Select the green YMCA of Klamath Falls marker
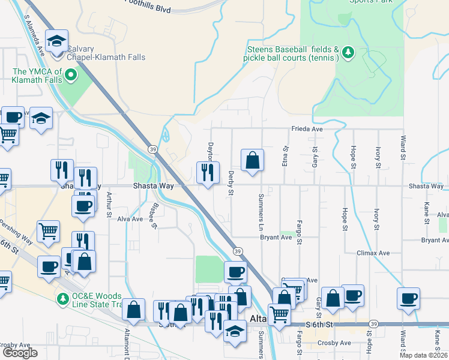71,75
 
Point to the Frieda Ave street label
307,129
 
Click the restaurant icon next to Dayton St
208,173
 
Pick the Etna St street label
285,157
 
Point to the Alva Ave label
130,219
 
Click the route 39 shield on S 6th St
374,324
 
